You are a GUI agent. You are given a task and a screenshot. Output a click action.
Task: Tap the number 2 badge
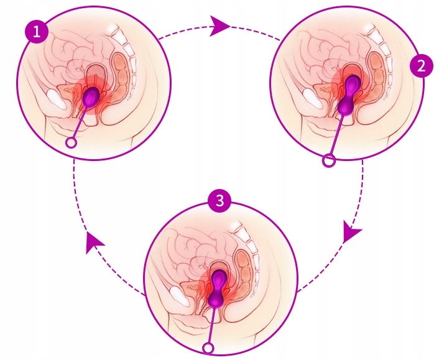[x=421, y=66]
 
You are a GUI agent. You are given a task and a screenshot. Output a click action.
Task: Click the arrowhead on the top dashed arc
[x=220, y=25]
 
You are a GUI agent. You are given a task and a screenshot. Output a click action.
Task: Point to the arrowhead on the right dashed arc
[x=351, y=233]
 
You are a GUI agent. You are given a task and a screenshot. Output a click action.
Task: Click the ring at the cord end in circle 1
[x=72, y=143]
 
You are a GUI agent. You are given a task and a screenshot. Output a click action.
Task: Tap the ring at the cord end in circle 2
[x=328, y=161]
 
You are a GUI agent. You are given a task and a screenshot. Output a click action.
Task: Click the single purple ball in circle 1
[x=92, y=96]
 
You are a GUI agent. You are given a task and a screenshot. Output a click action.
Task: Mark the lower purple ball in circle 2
[x=346, y=107]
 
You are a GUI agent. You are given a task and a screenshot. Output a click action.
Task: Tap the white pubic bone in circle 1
[x=55, y=98]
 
